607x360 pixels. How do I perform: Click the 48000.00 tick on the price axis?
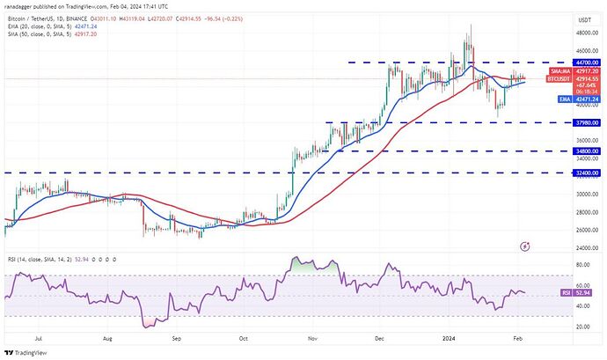(x=584, y=33)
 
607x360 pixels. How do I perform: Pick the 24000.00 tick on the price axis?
(x=584, y=248)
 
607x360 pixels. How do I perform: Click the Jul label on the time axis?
(x=38, y=338)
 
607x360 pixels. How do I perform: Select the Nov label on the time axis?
(x=311, y=338)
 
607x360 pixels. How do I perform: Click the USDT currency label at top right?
(x=583, y=18)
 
